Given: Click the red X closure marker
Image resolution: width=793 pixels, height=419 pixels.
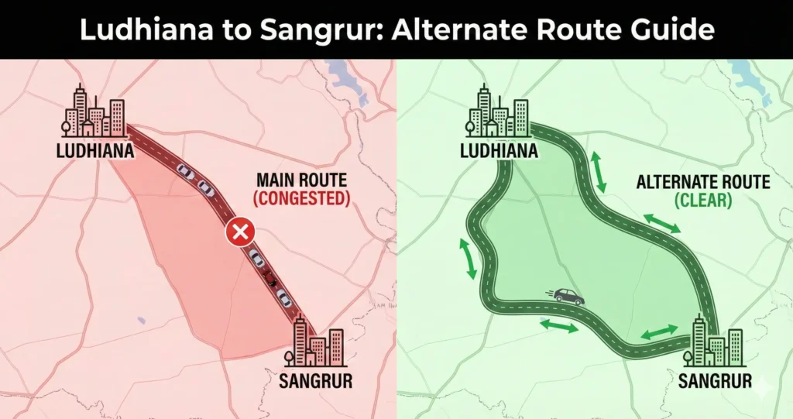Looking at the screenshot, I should [x=239, y=232].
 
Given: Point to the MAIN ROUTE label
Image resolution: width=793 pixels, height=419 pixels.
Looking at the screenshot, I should [x=301, y=180].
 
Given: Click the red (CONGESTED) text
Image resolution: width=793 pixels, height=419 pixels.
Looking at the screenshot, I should [x=301, y=198].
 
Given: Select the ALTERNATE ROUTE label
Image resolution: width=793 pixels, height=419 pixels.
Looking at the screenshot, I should [x=702, y=183].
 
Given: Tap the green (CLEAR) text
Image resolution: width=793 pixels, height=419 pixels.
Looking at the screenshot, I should [x=702, y=201].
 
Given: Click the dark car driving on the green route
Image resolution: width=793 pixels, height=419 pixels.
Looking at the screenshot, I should [x=568, y=296].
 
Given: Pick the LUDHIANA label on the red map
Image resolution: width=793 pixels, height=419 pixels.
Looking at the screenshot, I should [x=95, y=150].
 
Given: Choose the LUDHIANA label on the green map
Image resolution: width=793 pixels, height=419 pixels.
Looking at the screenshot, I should [x=499, y=150].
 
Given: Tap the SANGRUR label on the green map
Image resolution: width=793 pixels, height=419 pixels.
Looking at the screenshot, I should [x=715, y=380].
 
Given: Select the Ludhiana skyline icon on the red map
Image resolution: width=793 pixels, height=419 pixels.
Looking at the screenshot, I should [x=94, y=112].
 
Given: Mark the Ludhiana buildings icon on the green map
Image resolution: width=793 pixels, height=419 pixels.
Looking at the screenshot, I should [x=499, y=112].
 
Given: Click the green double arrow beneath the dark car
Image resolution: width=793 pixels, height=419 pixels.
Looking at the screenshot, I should [x=559, y=327].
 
